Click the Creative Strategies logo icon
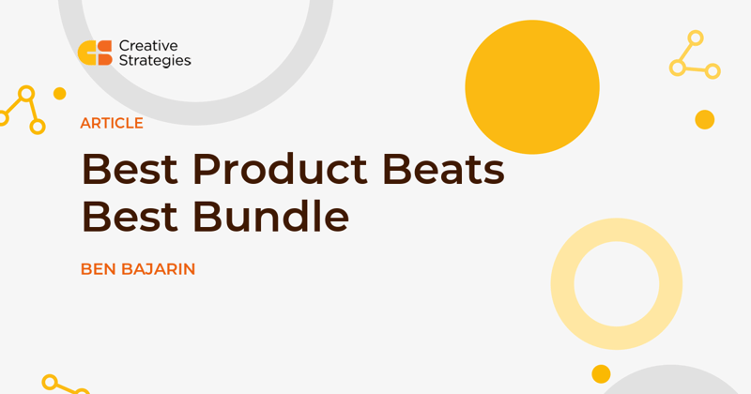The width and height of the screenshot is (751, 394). click(x=95, y=53)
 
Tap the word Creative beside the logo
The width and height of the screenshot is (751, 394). click(x=148, y=46)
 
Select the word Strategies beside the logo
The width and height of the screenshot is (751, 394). click(x=155, y=61)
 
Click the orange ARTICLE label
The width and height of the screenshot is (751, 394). click(x=112, y=124)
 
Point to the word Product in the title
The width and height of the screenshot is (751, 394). click(x=280, y=169)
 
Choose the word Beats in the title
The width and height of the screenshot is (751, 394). click(x=443, y=169)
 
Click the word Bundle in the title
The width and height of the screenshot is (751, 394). click(x=271, y=216)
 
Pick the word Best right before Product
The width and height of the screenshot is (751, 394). click(x=130, y=169)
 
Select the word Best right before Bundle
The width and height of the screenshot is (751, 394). click(x=130, y=217)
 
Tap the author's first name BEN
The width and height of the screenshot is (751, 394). click(x=99, y=269)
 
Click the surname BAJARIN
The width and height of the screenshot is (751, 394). click(x=159, y=269)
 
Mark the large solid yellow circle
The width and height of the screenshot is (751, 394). click(x=532, y=87)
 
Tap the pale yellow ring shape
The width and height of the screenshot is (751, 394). click(x=562, y=284)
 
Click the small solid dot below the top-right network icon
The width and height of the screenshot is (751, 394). click(x=705, y=120)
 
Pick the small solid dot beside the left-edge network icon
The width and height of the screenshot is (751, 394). click(x=59, y=94)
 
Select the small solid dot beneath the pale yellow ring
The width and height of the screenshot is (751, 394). click(x=601, y=374)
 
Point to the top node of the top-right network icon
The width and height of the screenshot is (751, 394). click(x=696, y=38)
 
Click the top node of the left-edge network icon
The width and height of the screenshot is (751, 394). click(x=26, y=94)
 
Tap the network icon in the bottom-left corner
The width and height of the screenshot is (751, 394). click(x=66, y=385)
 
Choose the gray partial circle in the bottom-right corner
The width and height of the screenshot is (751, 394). click(x=671, y=381)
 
